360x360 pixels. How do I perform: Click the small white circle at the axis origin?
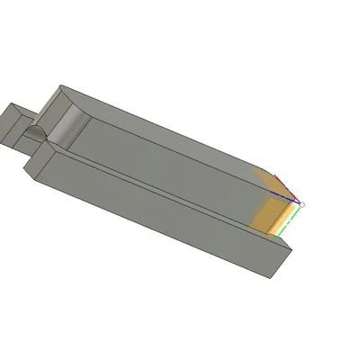[x=301, y=204]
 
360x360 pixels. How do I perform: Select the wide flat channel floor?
[x=162, y=162]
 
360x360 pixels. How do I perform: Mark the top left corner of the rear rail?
[x=59, y=86]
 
